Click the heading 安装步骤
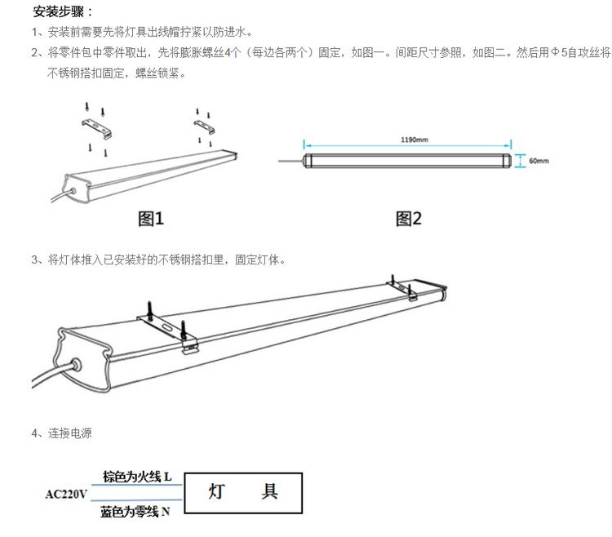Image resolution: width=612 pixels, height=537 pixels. (x=59, y=11)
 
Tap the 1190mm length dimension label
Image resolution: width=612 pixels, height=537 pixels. (x=414, y=140)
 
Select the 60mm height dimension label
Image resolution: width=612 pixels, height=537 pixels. (x=539, y=161)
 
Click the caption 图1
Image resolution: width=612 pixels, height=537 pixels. (x=151, y=219)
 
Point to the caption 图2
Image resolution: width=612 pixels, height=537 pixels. (x=409, y=219)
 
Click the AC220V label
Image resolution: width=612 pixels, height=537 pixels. (x=66, y=494)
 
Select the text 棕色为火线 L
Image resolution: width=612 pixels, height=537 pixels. (x=137, y=477)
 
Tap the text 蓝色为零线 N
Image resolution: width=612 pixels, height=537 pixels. (x=135, y=512)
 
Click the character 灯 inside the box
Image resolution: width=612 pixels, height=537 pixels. (x=216, y=491)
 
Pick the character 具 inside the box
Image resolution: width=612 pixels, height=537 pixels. (x=269, y=491)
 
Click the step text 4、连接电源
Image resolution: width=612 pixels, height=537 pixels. (x=62, y=433)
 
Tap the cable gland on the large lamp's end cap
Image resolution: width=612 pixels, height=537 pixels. (x=75, y=365)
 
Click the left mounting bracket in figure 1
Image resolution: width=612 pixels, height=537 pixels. (x=97, y=128)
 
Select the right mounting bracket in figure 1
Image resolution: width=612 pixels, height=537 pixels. (x=204, y=126)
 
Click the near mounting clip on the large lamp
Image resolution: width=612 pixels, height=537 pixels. (x=169, y=329)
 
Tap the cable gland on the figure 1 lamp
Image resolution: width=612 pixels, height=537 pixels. (x=73, y=191)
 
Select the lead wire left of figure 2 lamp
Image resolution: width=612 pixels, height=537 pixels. (x=290, y=161)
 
